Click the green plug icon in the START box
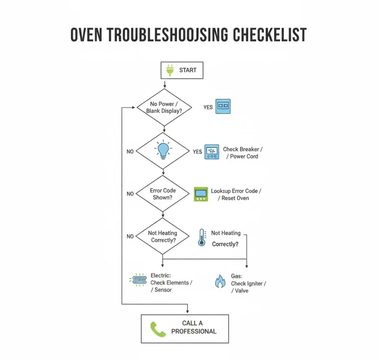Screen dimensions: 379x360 coord(170,70)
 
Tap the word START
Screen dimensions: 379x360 coord(188,70)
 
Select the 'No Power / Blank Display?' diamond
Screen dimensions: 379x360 coord(164,107)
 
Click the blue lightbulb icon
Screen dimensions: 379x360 coord(163,150)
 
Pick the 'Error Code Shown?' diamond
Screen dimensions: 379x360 coord(163,194)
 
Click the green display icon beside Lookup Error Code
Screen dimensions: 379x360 coord(201,194)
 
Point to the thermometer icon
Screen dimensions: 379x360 coord(202,237)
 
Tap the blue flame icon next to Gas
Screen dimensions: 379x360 coord(220,281)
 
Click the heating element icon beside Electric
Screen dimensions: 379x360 coord(138,280)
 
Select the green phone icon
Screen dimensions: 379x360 coord(158,329)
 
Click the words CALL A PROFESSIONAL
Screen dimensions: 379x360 coord(194,327)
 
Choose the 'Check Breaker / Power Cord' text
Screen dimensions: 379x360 coord(243,153)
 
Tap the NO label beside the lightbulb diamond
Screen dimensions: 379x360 coord(130,152)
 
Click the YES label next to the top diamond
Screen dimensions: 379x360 coord(208,107)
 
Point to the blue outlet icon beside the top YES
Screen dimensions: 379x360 coord(223,106)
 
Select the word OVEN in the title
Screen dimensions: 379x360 coord(86,35)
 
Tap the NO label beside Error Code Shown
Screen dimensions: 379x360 coord(130,194)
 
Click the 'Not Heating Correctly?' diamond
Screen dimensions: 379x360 coord(163,236)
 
